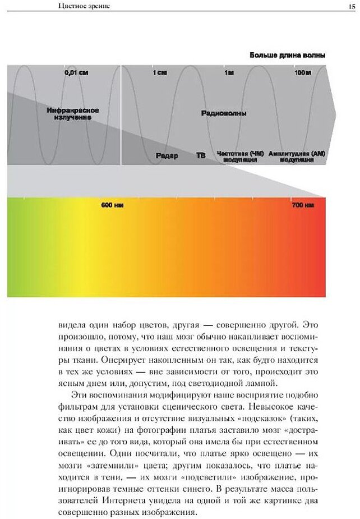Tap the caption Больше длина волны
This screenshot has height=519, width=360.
point(288,56)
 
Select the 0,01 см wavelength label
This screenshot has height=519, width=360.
point(77,73)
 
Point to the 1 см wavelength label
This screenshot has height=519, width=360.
point(160,73)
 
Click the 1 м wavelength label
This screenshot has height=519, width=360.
point(229,73)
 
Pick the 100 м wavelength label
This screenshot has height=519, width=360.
point(302,73)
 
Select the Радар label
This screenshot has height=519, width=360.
point(168,156)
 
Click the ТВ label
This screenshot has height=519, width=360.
point(201,156)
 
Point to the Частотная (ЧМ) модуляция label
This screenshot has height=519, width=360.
point(240,156)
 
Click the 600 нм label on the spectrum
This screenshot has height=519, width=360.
point(112,206)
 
